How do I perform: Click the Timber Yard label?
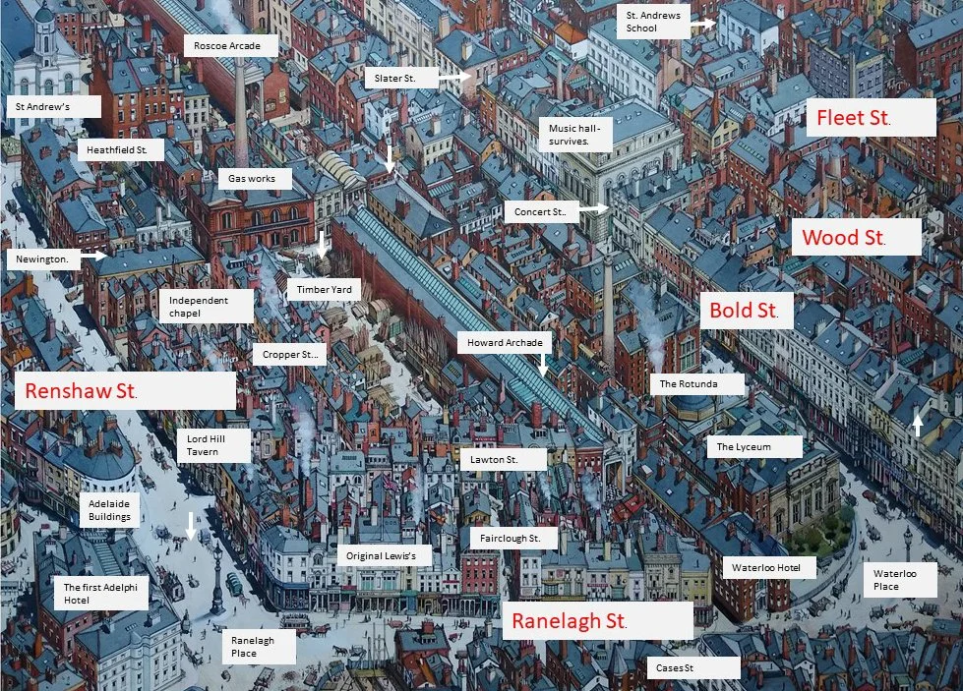(x=324, y=289)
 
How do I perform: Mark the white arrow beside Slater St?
(x=455, y=76)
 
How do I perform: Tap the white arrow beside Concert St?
(x=593, y=209)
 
